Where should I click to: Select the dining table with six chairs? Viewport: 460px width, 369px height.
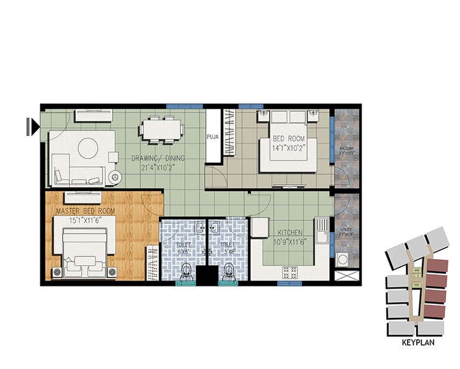coord(163,130)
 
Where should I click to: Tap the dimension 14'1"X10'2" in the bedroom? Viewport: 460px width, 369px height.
coord(289,148)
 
